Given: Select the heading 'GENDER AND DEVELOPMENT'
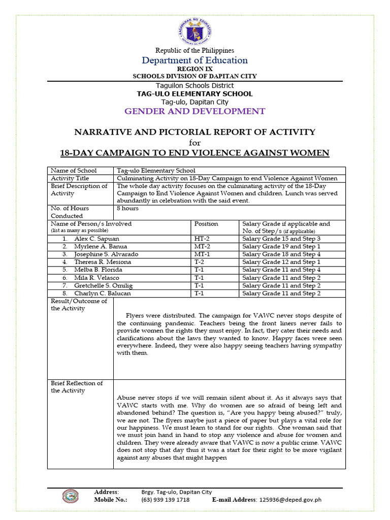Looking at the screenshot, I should coord(195,111).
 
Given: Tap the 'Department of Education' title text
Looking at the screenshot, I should coord(195,60).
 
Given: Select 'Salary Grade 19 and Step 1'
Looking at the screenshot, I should coord(281,246).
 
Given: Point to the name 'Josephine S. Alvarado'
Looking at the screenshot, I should coord(106,254).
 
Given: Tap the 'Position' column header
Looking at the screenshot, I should coord(206,223).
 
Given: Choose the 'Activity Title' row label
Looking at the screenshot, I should coord(70,178).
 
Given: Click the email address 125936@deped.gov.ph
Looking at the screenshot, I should coord(290,500).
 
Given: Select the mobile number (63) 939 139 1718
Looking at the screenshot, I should coord(165,500).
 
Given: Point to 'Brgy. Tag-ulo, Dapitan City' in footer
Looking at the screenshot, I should coord(176,492).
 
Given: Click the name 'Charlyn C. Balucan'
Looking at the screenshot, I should coord(102,293).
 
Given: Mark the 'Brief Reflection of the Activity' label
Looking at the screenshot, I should coord(76,387).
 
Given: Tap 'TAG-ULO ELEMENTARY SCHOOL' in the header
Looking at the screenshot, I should coord(195,94).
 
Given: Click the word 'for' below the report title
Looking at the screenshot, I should coord(195,142).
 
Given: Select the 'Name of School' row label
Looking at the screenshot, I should coord(74,171).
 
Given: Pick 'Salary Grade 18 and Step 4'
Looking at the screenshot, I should coord(281,254).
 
